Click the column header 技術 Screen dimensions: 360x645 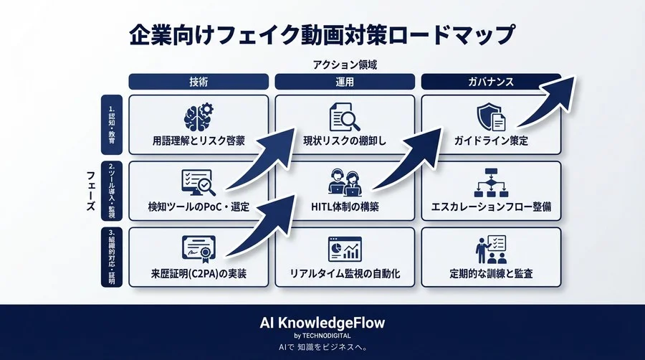[199, 82]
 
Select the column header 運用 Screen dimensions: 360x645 [345, 82]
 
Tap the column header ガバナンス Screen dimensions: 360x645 [491, 82]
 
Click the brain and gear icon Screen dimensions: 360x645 [199, 118]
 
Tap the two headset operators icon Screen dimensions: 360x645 [345, 183]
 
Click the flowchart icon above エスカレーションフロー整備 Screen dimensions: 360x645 [491, 183]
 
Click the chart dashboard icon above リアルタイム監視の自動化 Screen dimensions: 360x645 [345, 248]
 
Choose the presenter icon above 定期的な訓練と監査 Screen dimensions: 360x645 [491, 248]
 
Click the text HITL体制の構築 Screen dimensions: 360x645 [345, 207]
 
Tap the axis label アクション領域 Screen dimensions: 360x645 [345, 65]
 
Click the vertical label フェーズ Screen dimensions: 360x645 [90, 190]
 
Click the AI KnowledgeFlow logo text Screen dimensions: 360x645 [322, 323]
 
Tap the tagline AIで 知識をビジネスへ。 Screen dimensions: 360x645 [322, 348]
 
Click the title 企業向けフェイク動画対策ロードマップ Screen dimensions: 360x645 [322, 34]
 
